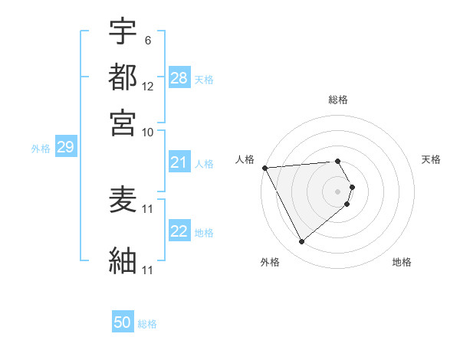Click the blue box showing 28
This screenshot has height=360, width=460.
pos(179,78)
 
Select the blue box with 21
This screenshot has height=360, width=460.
pos(179,162)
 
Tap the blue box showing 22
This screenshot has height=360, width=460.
pos(179,232)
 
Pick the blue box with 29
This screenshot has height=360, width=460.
pos(65,148)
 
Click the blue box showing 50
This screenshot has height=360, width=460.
pos(123,322)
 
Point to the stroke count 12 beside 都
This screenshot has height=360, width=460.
pos(148,87)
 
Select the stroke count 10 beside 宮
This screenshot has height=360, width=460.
pos(148,132)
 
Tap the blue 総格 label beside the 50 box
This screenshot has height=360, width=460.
pos(147,324)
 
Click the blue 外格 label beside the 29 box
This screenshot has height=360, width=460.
pos(41,149)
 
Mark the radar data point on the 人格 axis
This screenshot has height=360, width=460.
pos(264,168)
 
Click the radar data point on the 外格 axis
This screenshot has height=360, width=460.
pos(301,242)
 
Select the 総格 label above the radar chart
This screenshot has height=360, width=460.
pos(338,100)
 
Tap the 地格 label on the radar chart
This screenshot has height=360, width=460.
pos(402,262)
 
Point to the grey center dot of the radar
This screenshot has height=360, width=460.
pos(338,191)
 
